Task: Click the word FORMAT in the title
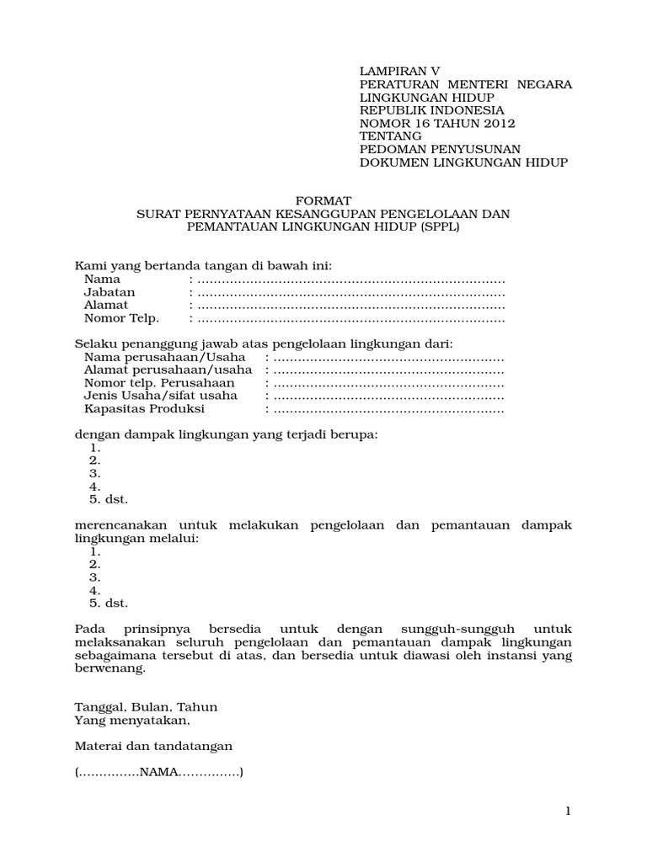pyautogui.click(x=323, y=201)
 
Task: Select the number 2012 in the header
pyautogui.click(x=497, y=123)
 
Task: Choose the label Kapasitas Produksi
pyautogui.click(x=144, y=409)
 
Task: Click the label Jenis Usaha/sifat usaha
pyautogui.click(x=160, y=396)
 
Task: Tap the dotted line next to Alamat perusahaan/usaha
pyautogui.click(x=388, y=370)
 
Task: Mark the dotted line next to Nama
pyautogui.click(x=350, y=279)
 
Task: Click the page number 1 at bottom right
pyautogui.click(x=569, y=811)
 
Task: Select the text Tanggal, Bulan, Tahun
pyautogui.click(x=146, y=707)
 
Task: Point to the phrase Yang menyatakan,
pyautogui.click(x=132, y=721)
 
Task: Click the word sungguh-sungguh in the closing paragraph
pyautogui.click(x=452, y=630)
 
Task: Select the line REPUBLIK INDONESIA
pyautogui.click(x=432, y=110)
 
